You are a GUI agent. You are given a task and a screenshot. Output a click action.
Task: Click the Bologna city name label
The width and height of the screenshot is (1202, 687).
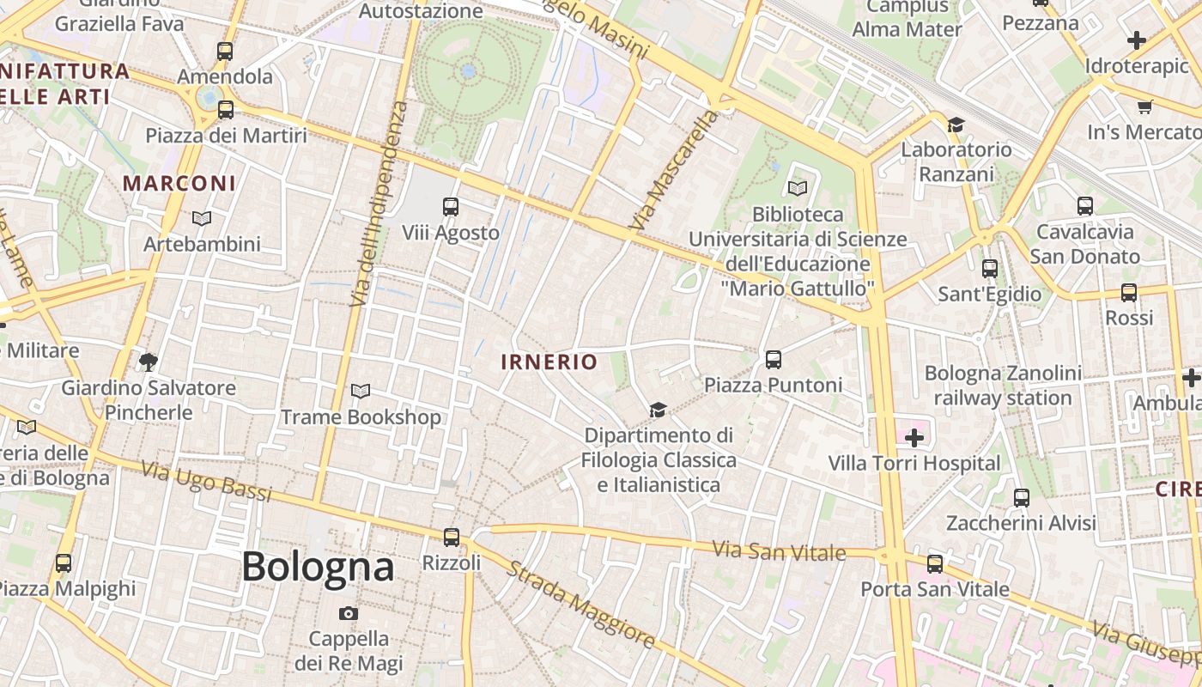(318, 567)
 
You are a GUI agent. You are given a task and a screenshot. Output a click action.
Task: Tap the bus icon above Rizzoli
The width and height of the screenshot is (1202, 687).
(452, 538)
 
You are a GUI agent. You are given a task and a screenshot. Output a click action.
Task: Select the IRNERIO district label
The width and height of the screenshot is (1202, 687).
(549, 362)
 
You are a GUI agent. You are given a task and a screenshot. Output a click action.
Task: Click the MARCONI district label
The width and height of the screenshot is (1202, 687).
(179, 183)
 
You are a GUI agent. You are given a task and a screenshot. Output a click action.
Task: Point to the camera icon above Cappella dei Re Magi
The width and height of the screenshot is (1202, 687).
(348, 613)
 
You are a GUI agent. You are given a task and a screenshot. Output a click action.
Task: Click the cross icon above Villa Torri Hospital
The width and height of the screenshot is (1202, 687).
(914, 438)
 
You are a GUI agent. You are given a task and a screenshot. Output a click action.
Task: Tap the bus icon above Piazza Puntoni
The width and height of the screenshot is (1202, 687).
(774, 359)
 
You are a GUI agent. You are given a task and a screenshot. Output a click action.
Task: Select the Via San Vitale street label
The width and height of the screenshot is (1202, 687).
(780, 550)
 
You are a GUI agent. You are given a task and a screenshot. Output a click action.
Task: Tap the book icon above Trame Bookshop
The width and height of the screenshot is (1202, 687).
(361, 392)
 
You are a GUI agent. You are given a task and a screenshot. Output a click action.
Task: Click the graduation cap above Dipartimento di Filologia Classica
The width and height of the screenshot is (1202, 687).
(658, 410)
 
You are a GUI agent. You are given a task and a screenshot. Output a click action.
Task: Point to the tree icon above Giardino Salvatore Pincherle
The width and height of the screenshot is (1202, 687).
(149, 362)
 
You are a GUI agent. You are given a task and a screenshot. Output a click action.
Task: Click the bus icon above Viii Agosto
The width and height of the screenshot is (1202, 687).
(451, 206)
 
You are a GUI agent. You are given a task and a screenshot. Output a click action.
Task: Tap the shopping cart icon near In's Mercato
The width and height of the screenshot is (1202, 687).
(1144, 107)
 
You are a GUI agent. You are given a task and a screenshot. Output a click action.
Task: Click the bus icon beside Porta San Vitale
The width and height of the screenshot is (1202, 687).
(935, 564)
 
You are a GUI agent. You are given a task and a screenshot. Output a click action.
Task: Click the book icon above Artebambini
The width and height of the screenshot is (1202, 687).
(201, 219)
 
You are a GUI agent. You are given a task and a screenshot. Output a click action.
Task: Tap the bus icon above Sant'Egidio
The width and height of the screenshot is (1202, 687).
(990, 268)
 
